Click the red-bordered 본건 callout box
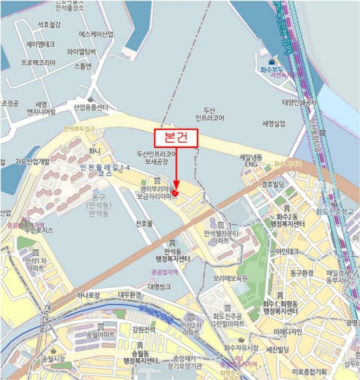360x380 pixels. [x=176, y=138]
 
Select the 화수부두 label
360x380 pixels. [x=271, y=69]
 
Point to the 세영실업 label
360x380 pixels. [x=273, y=124]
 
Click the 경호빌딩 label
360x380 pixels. [x=273, y=183]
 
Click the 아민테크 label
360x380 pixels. [x=287, y=251]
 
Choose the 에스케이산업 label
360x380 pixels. [x=96, y=34]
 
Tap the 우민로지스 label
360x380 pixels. [x=36, y=230]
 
